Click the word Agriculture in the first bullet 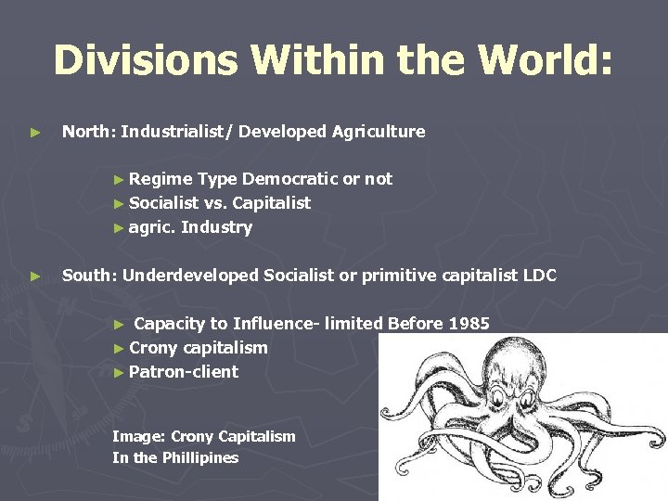[x=377, y=132]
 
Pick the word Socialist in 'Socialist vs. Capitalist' [x=164, y=203]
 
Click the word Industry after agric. [x=216, y=227]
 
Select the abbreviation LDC [x=538, y=276]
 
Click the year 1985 [x=469, y=324]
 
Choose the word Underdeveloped [x=190, y=276]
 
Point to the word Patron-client [x=184, y=372]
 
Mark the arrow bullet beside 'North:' [x=35, y=133]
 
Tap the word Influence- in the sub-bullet [x=276, y=324]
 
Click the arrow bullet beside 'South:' [x=35, y=276]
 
